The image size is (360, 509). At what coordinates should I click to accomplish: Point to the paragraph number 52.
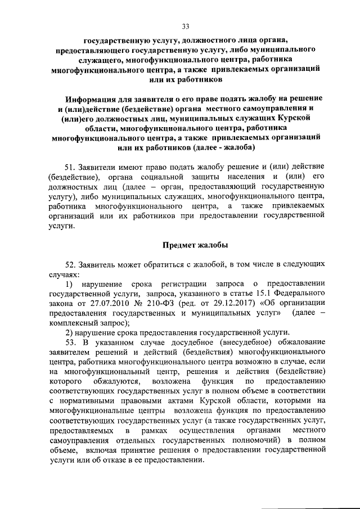[71, 264]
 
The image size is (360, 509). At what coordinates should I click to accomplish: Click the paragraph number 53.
[71, 343]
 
